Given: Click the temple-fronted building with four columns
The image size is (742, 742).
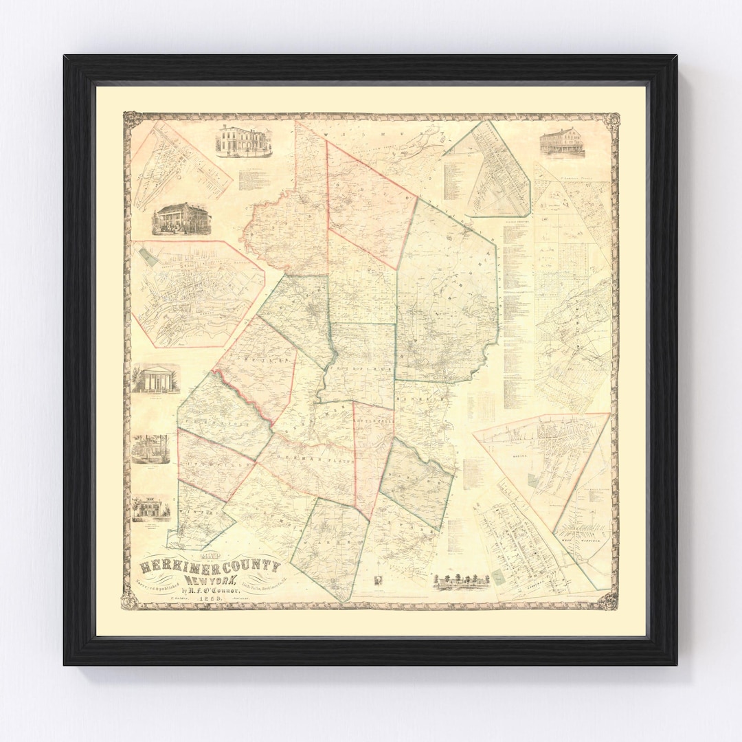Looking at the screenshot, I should coord(155,379).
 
